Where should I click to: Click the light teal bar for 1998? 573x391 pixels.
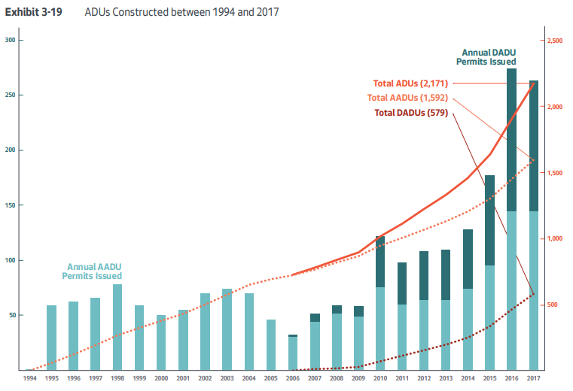(117, 327)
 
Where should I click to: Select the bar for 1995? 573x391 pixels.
(52, 338)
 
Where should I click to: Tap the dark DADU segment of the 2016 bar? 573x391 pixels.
(512, 140)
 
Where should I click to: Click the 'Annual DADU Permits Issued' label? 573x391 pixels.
(488, 56)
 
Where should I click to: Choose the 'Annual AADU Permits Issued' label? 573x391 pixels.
(92, 271)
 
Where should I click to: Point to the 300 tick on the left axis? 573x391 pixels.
(10, 40)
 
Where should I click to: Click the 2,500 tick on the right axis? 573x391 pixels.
(555, 41)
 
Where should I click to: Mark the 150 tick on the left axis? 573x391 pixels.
(10, 205)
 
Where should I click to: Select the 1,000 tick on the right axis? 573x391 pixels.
(555, 239)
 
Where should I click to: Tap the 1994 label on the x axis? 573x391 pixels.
(29, 379)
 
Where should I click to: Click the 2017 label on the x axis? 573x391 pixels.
(534, 379)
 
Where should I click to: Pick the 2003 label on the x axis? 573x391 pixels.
(227, 379)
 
